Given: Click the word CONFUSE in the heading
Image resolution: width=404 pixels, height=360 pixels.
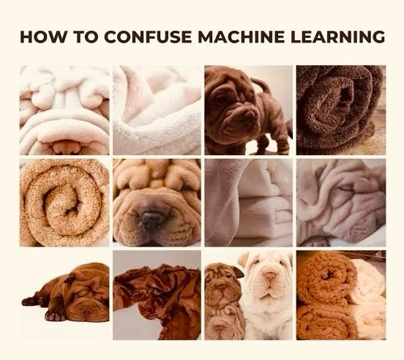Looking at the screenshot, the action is [148, 37].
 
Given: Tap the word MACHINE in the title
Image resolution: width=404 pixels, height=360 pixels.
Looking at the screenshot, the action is [242, 37].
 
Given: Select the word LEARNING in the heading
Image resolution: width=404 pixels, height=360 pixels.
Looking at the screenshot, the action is [338, 37].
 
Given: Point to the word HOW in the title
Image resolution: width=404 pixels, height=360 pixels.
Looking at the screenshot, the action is [42, 37].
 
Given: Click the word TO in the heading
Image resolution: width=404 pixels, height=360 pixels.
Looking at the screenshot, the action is [86, 37].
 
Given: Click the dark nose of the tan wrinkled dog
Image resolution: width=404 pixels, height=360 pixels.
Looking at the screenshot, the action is [152, 219].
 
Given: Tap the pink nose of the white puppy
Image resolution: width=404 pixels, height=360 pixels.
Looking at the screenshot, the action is [270, 276].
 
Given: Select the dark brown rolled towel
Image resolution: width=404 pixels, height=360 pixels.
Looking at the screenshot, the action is [341, 110].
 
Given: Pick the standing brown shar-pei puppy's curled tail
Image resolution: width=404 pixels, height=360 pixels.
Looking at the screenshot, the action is [261, 83].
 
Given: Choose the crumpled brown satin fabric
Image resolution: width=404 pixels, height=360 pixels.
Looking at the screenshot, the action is [157, 296].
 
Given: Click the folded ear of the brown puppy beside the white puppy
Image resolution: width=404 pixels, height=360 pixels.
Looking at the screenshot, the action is [239, 272].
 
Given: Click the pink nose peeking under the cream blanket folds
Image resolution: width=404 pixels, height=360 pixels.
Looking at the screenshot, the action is [67, 148].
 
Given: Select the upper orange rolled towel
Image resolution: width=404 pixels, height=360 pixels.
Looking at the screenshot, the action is [326, 279].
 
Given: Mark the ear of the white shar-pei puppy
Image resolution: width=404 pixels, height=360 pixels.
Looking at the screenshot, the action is [244, 259].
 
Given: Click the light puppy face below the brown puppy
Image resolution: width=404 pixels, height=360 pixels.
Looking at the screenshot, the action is [222, 325].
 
